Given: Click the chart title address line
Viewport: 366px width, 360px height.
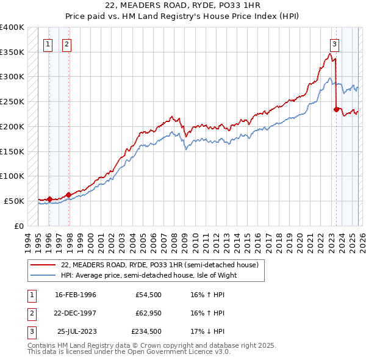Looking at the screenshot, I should pyautogui.click(x=183, y=5).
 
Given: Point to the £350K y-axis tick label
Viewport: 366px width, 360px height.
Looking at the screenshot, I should pyautogui.click(x=12, y=52).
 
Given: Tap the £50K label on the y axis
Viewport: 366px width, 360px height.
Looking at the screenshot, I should pyautogui.click(x=14, y=201).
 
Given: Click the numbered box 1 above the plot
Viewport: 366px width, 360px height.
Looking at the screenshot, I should pyautogui.click(x=48, y=44).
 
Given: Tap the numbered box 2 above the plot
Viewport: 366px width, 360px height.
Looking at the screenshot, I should pyautogui.click(x=66, y=44).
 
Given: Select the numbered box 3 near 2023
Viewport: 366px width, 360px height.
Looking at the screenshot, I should pyautogui.click(x=335, y=44).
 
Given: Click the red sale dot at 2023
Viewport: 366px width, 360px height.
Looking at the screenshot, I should pyautogui.click(x=336, y=110).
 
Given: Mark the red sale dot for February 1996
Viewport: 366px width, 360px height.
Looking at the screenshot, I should pyautogui.click(x=49, y=199).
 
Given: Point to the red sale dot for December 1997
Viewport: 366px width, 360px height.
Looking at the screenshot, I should pyautogui.click(x=68, y=195).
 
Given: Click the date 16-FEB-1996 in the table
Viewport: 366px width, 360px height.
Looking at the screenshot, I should pyautogui.click(x=76, y=295).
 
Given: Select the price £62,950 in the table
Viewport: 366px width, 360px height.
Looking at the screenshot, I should pyautogui.click(x=149, y=313).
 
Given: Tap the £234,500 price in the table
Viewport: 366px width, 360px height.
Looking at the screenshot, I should pyautogui.click(x=147, y=331).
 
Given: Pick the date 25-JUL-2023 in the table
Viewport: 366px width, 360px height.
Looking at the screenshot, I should pyautogui.click(x=76, y=331).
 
